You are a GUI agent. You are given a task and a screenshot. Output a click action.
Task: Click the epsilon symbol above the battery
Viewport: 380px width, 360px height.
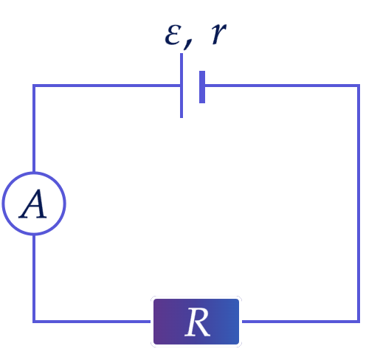click(173, 35)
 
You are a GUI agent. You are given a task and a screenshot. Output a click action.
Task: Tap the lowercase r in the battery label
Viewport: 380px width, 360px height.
click(218, 34)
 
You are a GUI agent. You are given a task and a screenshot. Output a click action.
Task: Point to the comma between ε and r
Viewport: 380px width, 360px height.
click(187, 45)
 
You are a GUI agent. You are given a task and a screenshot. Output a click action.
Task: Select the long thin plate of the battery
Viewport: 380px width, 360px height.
click(182, 86)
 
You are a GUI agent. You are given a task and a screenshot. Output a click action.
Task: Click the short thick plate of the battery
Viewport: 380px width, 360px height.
click(202, 87)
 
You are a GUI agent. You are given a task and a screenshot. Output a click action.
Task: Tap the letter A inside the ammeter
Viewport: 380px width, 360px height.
click(33, 204)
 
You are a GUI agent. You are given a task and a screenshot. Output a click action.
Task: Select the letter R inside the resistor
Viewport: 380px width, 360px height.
click(198, 322)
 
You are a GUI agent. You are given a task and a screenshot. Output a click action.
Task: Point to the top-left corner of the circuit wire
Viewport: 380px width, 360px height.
click(34, 86)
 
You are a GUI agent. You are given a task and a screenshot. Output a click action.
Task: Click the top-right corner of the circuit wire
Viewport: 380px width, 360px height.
click(359, 86)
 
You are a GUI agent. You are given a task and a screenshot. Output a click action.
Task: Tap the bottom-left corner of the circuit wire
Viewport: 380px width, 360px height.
click(34, 322)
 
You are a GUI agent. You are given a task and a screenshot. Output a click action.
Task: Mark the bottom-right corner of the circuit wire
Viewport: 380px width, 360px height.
click(359, 322)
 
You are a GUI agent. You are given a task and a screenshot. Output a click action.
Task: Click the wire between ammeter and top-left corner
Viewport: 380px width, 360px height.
click(34, 128)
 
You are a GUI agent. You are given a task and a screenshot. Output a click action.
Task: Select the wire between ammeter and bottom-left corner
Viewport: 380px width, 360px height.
click(34, 278)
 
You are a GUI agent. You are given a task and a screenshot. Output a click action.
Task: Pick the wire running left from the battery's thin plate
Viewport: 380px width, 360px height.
click(107, 86)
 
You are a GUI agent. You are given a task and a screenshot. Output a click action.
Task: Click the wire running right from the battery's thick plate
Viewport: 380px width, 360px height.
click(282, 86)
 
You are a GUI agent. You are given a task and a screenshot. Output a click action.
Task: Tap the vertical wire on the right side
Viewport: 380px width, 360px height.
click(359, 204)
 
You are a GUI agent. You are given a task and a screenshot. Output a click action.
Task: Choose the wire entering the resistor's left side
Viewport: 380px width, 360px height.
click(91, 322)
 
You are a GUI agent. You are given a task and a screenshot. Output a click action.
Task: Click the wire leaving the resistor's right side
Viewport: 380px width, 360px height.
click(301, 322)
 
